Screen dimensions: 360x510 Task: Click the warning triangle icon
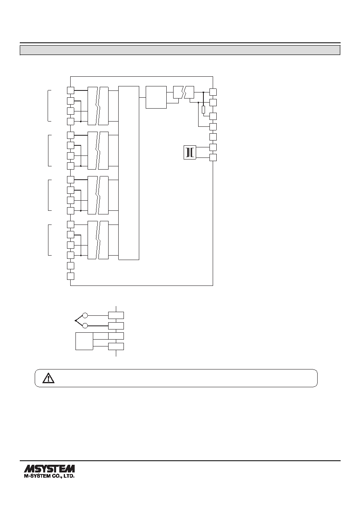48,378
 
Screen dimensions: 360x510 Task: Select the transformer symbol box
190,152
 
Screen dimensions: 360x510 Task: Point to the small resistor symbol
203,109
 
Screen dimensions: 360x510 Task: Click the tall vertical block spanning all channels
129,173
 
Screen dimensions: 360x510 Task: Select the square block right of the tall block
156,97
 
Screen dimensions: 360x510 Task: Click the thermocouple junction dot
75,321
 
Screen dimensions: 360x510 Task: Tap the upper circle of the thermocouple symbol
85,315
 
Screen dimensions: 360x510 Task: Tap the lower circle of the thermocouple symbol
85,326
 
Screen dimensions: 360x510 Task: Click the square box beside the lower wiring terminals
84,341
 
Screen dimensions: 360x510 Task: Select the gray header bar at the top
180,50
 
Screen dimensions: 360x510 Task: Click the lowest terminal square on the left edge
71,276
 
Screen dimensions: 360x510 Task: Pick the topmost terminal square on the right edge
213,92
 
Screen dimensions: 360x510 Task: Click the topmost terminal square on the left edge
71,90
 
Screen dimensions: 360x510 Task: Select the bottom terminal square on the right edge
213,157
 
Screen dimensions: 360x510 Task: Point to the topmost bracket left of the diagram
48,106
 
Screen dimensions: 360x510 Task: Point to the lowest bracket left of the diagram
48,240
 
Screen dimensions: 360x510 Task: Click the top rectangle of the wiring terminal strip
116,315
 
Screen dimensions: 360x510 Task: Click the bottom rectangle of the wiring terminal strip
116,346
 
